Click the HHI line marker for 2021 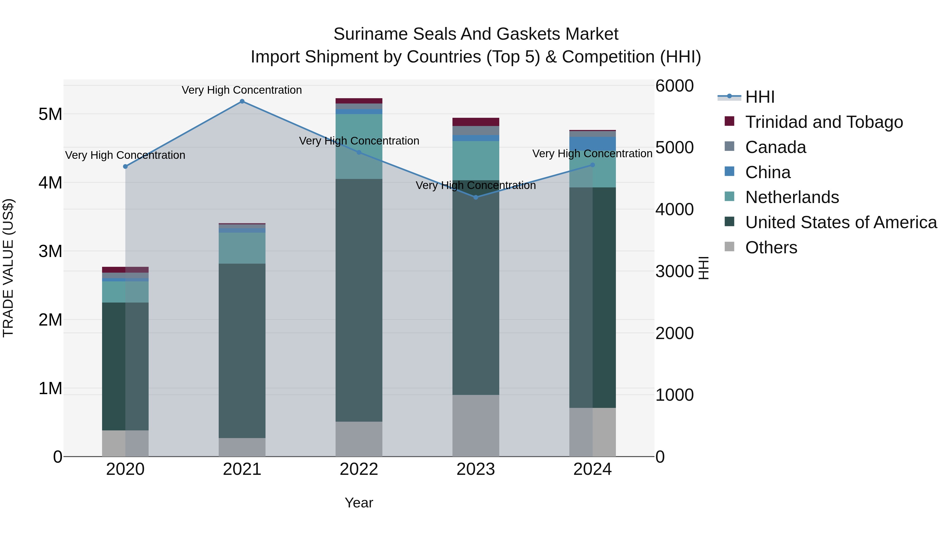tap(242, 101)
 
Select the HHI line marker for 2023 tap(476, 197)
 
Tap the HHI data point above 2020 tap(125, 166)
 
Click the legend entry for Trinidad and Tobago tap(824, 122)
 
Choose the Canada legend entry tap(775, 147)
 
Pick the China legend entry tap(768, 172)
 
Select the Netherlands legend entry tap(791, 197)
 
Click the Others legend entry tap(771, 247)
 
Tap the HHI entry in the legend tap(759, 97)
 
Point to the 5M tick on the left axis tap(50, 114)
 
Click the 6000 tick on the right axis tap(674, 86)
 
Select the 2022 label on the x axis tap(359, 469)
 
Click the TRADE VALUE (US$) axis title tap(8, 268)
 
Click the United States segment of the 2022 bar tap(359, 300)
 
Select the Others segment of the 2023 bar tap(476, 425)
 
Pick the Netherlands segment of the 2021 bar tap(242, 248)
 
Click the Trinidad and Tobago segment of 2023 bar tap(476, 122)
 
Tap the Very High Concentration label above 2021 tap(242, 90)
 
